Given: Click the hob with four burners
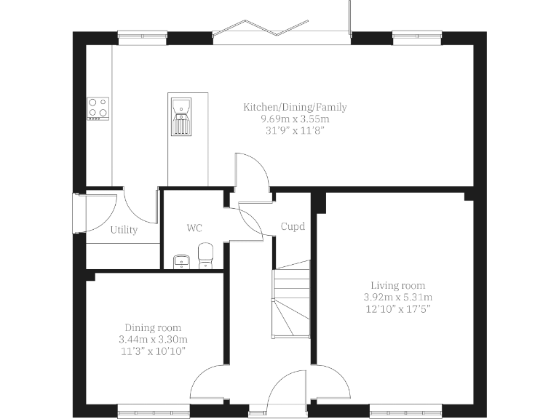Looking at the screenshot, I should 98,108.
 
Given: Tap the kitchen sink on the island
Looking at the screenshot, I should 181,115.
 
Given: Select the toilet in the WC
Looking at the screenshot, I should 205,255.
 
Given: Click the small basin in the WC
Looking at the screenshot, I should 181,260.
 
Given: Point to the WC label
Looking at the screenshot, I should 194,228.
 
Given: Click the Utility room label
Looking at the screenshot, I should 124,231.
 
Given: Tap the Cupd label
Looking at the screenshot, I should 293,226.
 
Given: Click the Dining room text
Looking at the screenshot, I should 153,327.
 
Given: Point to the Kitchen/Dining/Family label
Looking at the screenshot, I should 295,107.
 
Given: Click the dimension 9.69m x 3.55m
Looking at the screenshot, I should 295,119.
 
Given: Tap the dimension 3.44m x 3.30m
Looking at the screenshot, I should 153,339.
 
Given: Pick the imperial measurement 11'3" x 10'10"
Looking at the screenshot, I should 153,351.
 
